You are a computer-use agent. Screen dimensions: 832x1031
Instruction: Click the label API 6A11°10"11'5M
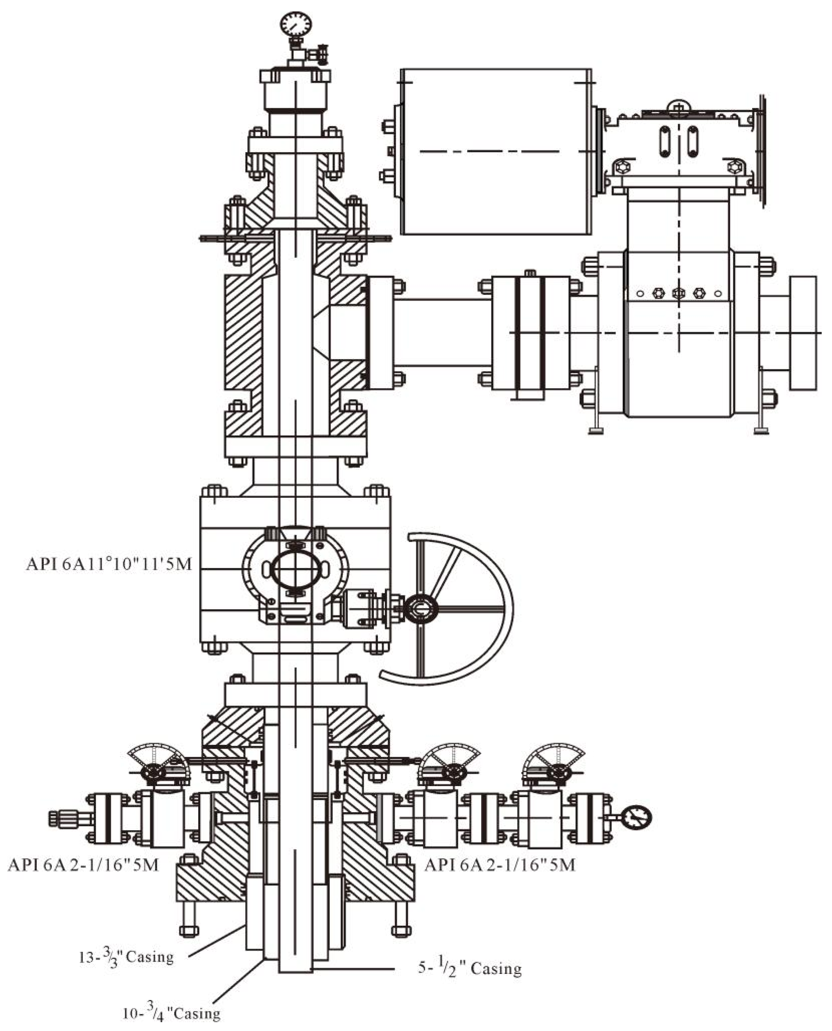[x=109, y=564]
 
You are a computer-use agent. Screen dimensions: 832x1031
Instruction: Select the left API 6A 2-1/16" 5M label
[x=83, y=864]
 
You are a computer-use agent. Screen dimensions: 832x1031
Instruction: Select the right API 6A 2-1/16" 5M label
[x=500, y=864]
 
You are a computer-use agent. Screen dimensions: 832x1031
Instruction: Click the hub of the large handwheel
[x=420, y=609]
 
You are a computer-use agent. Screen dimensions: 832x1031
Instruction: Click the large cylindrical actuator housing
[x=496, y=151]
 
